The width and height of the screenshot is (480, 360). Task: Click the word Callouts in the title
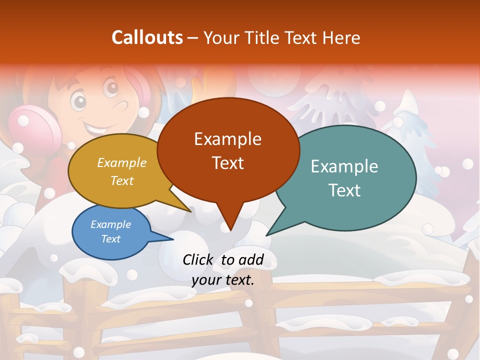tap(147, 37)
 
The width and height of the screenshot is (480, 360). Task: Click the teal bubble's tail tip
tap(267, 235)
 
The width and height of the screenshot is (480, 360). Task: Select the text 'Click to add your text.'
tap(223, 269)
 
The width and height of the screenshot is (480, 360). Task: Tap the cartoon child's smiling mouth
tap(95, 126)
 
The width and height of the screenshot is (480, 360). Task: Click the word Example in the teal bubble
tap(344, 166)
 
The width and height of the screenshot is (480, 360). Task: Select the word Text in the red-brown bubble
tap(228, 163)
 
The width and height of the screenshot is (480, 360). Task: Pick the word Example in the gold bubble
tap(122, 163)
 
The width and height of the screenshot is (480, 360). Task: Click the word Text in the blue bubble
tap(111, 239)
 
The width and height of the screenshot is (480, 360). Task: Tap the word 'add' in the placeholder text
tap(251, 260)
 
